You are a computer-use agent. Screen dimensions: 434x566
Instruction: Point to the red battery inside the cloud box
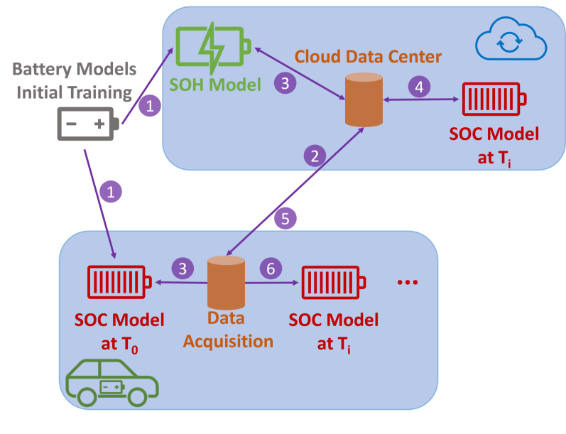point(494,100)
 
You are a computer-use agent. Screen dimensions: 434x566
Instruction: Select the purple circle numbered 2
point(315,154)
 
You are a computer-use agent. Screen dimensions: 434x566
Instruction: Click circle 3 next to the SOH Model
point(285,83)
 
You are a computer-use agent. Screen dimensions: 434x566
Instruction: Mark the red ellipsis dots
point(408,283)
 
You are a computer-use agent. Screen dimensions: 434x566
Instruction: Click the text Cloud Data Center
point(368,56)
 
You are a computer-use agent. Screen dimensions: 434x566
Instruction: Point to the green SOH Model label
point(214,85)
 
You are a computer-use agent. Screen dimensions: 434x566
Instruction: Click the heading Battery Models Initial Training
point(75,81)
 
